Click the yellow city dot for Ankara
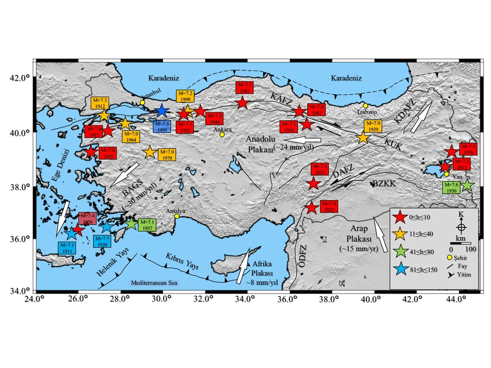pos(222,135)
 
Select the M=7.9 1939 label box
pos(373,126)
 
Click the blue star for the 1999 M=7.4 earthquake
pos(162,111)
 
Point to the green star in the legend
pos(401,251)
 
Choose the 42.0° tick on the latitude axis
pos(21,78)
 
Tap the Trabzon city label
pos(367,112)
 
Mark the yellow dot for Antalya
pos(177,216)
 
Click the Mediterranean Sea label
pos(154,283)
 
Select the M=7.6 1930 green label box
pos(451,187)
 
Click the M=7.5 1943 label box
pos(245,88)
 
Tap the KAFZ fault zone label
pos(281,99)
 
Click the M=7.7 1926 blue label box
pos(102,242)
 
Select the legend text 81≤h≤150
pos(423,270)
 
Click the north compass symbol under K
pos(461,227)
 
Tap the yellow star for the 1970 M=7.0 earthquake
pos(150,153)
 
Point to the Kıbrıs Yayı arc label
pos(182,261)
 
